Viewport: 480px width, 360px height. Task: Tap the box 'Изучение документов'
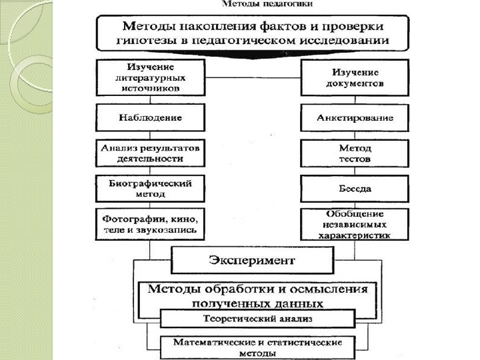tap(355, 77)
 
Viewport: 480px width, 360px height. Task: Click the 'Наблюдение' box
tap(151, 117)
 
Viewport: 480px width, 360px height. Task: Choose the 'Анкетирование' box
tap(355, 118)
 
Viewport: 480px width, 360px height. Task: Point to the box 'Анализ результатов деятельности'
tap(151, 153)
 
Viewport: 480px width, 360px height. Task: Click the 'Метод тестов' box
tap(355, 153)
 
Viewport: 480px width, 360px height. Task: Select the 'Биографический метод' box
tap(151, 188)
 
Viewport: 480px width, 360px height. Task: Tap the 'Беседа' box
tap(355, 189)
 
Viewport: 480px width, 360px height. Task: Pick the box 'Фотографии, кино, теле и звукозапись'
tap(151, 225)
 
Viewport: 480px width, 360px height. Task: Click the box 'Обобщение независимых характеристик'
tap(355, 225)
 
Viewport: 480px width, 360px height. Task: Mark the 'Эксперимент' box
tap(253, 259)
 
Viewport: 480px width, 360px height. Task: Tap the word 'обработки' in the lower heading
tap(252, 289)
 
